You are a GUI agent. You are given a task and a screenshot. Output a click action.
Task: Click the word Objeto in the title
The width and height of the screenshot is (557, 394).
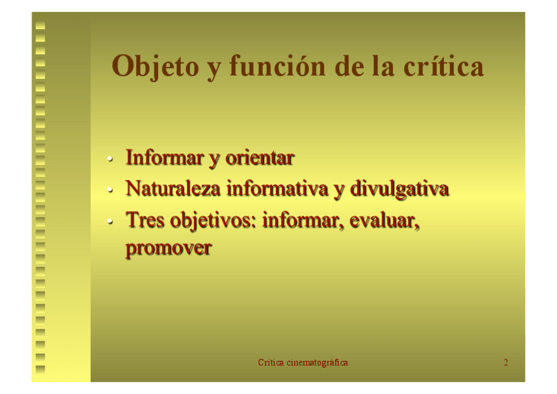[155, 67]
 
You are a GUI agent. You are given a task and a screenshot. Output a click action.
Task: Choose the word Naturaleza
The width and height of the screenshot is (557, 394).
[173, 189]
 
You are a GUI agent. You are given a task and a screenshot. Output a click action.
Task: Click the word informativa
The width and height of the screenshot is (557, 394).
[277, 189]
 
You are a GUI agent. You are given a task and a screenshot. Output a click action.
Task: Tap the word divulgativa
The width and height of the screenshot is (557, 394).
[399, 189]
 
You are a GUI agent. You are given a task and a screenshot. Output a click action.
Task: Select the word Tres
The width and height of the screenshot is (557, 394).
[145, 220]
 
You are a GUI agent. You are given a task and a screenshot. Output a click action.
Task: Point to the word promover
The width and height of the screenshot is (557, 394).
[169, 248]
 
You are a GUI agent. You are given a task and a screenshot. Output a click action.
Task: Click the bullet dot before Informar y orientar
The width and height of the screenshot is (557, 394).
[110, 159]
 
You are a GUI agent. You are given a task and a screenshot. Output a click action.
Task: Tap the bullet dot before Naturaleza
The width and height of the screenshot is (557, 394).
[110, 190]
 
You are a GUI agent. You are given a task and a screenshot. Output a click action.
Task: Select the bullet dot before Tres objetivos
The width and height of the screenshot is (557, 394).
[110, 222]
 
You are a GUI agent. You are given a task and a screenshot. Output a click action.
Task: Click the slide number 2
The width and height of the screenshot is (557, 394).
[506, 362]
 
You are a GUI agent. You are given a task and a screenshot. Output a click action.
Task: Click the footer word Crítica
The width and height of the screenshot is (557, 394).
[271, 362]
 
